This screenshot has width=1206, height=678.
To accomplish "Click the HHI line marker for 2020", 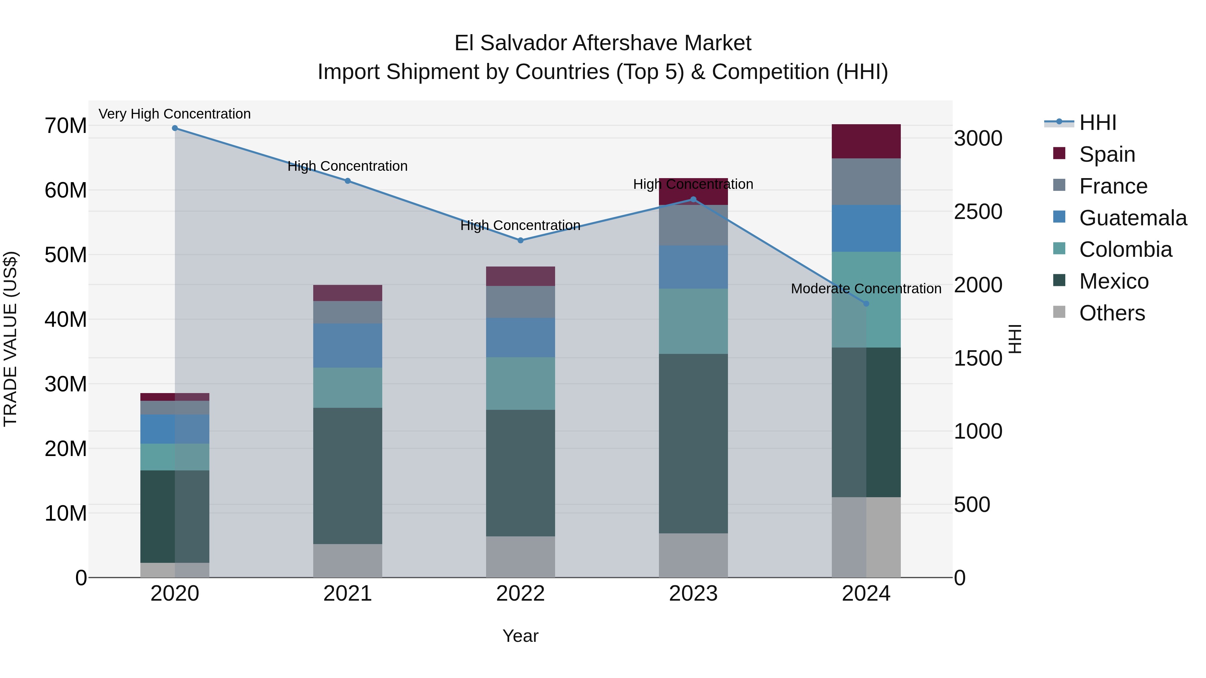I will [175, 128].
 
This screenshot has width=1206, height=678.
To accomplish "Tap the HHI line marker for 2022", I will [520, 240].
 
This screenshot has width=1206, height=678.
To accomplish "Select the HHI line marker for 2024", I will [866, 304].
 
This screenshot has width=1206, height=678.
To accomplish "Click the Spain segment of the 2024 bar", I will [866, 141].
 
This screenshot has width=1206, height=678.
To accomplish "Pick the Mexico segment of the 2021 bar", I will [347, 475].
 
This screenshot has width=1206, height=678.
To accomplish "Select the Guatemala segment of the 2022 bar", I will [520, 337].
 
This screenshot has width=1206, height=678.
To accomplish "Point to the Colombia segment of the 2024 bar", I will [866, 299].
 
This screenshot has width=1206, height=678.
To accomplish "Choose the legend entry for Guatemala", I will [1133, 218].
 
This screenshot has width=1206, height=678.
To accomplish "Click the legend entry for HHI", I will [1097, 123].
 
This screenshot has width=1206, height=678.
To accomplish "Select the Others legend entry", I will [1112, 313].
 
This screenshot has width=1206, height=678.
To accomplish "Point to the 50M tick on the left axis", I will [66, 255].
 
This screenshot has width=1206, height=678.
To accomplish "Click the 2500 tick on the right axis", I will [978, 212].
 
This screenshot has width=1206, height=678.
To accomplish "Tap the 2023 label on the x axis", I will [693, 594].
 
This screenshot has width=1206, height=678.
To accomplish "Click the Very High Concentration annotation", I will [175, 114].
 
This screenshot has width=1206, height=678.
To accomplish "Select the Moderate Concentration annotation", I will [866, 289].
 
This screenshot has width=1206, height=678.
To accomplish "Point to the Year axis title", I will [520, 636].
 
